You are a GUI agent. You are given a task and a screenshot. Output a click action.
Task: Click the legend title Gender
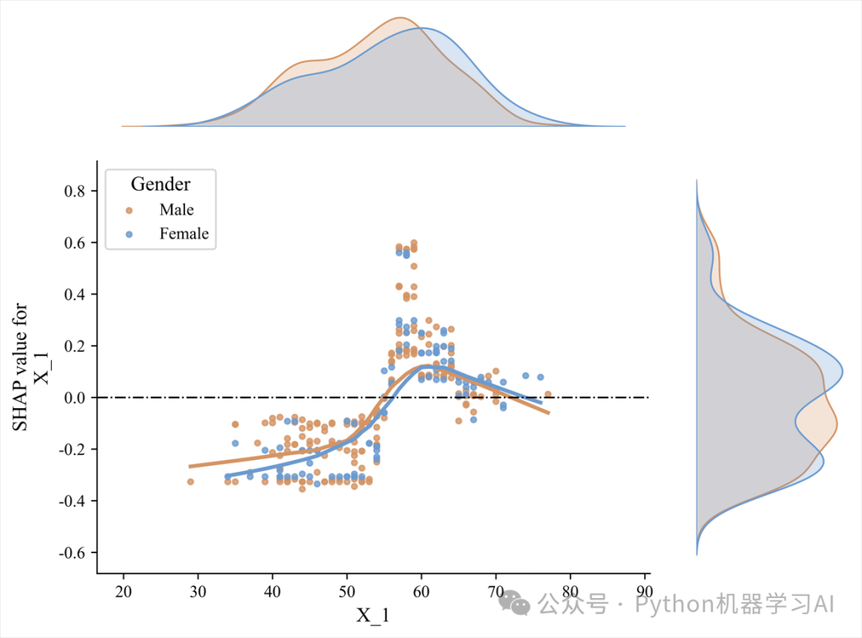tap(160, 184)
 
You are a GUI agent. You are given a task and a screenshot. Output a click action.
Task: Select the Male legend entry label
tap(176, 210)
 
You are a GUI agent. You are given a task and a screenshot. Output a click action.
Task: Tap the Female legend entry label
tap(184, 234)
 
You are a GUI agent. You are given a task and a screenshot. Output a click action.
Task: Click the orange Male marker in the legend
tap(129, 210)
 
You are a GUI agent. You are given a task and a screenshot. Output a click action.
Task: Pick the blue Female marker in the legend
tap(129, 234)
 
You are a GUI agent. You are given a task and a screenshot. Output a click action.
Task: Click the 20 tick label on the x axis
tap(124, 590)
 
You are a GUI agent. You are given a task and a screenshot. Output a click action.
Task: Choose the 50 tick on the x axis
tap(346, 590)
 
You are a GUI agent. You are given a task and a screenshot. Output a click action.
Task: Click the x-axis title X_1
tap(373, 615)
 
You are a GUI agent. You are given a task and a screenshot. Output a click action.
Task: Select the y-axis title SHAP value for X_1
tap(30, 367)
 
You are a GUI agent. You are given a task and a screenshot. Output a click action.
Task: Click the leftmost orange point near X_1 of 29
tap(191, 481)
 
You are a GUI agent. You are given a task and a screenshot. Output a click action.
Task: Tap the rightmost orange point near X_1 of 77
tap(548, 394)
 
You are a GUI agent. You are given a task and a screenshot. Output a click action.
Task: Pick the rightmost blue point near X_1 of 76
tap(540, 377)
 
